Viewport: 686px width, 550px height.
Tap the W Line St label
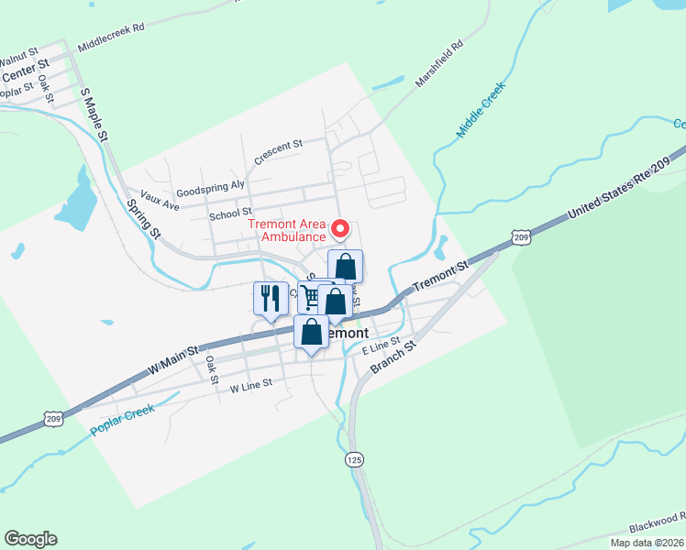pyautogui.click(x=251, y=388)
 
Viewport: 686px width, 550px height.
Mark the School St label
pyautogui.click(x=230, y=214)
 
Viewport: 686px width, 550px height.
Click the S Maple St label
pyautogui.click(x=94, y=114)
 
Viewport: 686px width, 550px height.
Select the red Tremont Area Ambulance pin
pyautogui.click(x=340, y=227)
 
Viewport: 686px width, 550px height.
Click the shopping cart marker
pyautogui.click(x=310, y=297)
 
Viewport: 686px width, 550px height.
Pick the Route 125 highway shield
pyautogui.click(x=353, y=457)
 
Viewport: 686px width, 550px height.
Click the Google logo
pyautogui.click(x=30, y=539)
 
